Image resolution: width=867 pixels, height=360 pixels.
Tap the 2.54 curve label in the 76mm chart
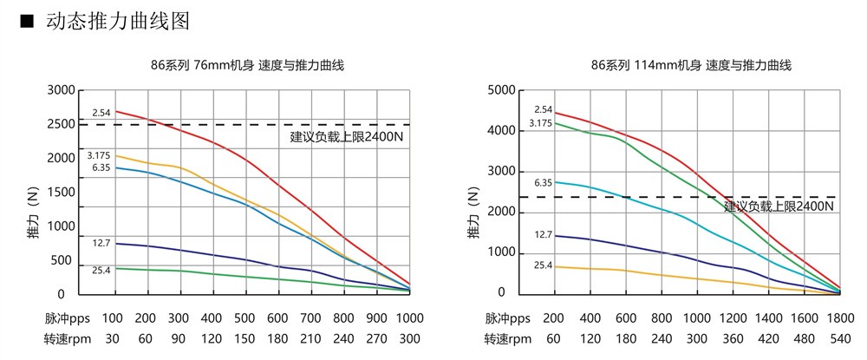pyautogui.click(x=102, y=113)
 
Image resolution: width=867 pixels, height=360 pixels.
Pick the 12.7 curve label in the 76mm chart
pyautogui.click(x=102, y=242)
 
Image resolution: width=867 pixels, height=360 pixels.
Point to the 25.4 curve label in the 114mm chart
pyautogui.click(x=543, y=265)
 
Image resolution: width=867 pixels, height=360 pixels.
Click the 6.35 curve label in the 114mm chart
pyautogui.click(x=543, y=183)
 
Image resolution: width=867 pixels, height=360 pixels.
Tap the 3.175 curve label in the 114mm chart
pyautogui.click(x=541, y=123)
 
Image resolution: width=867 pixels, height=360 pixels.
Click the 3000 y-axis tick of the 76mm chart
pyautogui.click(x=62, y=90)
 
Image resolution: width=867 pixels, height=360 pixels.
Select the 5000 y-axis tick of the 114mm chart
pyautogui.click(x=502, y=90)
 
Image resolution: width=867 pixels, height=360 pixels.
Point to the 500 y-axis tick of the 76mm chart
pyautogui.click(x=65, y=260)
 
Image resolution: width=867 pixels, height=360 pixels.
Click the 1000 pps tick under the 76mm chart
pyautogui.click(x=410, y=317)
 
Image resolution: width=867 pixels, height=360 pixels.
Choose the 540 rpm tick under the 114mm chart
pyautogui.click(x=838, y=339)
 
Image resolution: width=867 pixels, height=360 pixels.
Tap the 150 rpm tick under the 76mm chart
pyautogui.click(x=245, y=339)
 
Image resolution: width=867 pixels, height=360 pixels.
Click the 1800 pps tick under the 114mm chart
pyautogui.click(x=838, y=317)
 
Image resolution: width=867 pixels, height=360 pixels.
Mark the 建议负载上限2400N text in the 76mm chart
pyautogui.click(x=347, y=136)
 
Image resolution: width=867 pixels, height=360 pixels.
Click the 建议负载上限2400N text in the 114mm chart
pyautogui.click(x=779, y=206)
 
